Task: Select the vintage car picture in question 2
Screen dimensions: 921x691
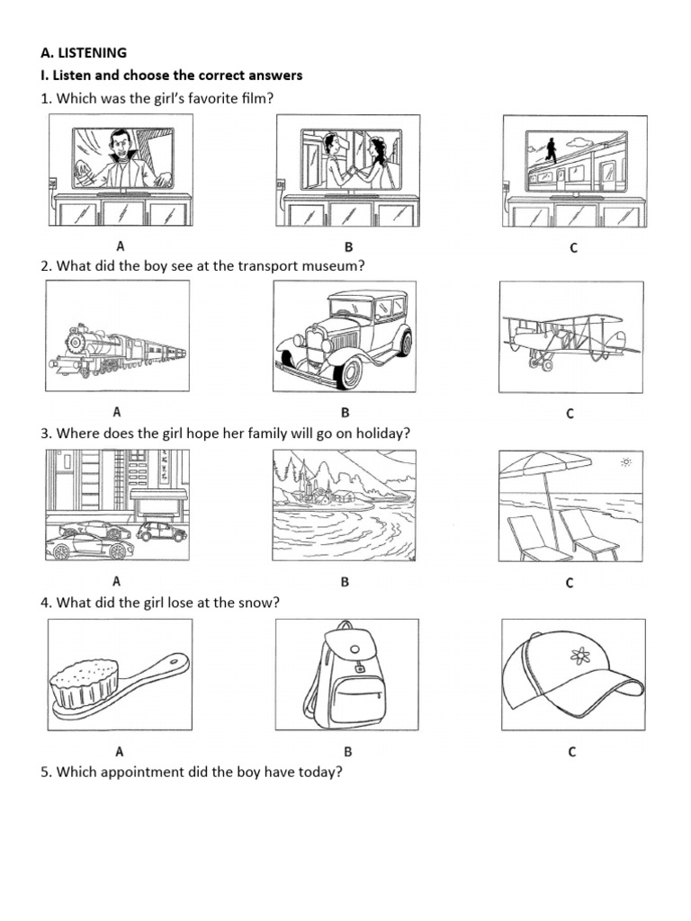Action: [345, 335]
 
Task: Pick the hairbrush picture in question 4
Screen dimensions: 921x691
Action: [117, 685]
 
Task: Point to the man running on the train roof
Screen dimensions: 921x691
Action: [551, 152]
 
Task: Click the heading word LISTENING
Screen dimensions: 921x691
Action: [93, 53]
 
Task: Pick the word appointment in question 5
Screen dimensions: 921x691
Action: [136, 771]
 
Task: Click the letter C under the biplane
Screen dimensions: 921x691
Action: [570, 414]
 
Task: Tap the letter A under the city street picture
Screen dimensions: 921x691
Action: [116, 582]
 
